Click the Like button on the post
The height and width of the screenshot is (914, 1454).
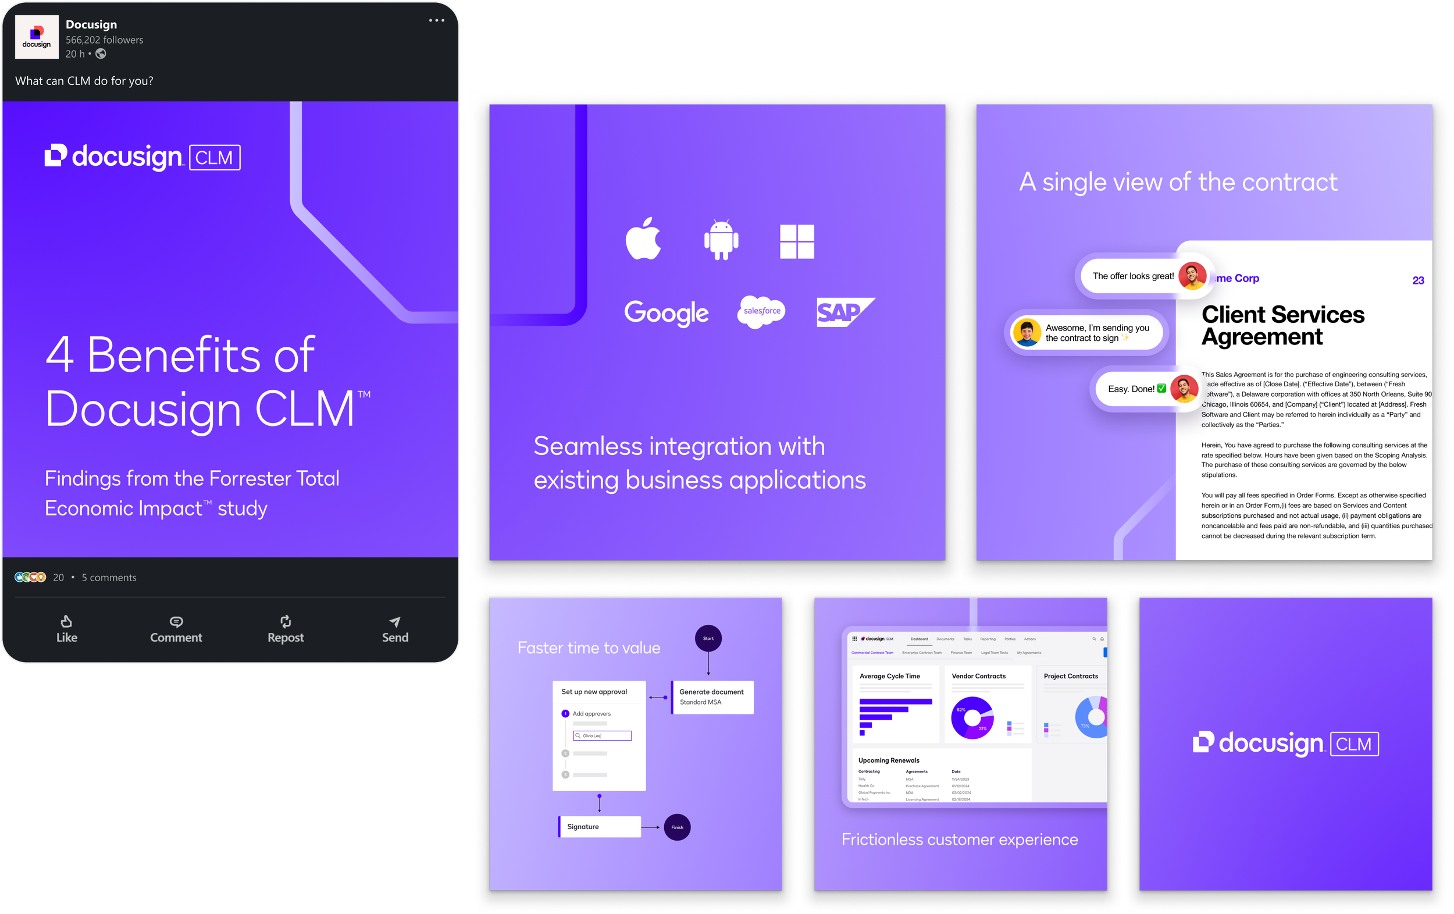pyautogui.click(x=66, y=629)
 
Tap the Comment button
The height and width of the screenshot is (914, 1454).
pyautogui.click(x=176, y=629)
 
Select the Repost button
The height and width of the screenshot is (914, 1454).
pyautogui.click(x=286, y=629)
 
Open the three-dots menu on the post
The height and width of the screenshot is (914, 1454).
pyautogui.click(x=437, y=20)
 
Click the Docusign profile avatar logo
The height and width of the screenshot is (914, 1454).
pyautogui.click(x=37, y=37)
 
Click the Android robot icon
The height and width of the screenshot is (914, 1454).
pyautogui.click(x=721, y=240)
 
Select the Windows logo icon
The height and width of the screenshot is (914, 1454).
pyautogui.click(x=797, y=241)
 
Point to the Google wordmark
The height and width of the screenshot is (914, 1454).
pyautogui.click(x=666, y=313)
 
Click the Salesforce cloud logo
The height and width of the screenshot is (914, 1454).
pyautogui.click(x=761, y=311)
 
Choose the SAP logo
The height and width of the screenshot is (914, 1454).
pyautogui.click(x=844, y=312)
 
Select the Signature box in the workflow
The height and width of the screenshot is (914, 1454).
pyautogui.click(x=600, y=827)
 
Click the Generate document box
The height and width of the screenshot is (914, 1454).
pyautogui.click(x=712, y=697)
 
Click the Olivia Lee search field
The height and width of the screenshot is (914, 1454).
pyautogui.click(x=602, y=736)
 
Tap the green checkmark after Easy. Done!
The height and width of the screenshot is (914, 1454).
pyautogui.click(x=1161, y=389)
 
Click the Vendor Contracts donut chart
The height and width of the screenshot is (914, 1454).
pyautogui.click(x=972, y=718)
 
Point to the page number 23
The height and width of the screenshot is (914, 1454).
pyautogui.click(x=1418, y=280)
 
